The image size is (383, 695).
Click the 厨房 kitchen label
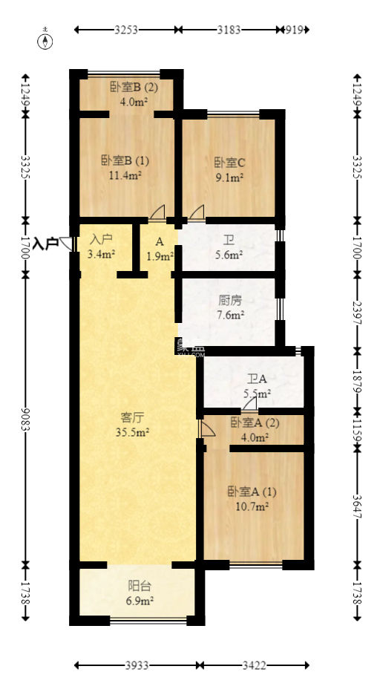click(230, 301)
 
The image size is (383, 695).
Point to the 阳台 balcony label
click(140, 586)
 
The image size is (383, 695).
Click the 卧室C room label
click(229, 163)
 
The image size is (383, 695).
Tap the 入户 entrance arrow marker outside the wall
click(66, 243)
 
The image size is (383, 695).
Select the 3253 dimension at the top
click(126, 30)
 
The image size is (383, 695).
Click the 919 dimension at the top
click(295, 30)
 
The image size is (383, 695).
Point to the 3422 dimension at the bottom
click(255, 665)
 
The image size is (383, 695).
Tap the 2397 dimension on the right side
click(357, 313)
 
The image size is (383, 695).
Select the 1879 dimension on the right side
click(357, 381)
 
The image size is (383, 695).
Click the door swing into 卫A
click(250, 404)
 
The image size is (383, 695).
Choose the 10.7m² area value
click(252, 506)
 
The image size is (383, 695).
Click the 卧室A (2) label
click(255, 422)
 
